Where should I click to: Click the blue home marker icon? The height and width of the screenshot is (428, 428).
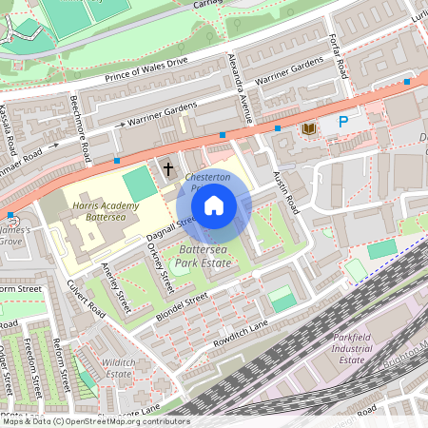point(214,204)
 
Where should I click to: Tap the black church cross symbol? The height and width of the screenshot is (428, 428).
point(168,169)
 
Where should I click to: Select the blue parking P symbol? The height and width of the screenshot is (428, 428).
point(343,122)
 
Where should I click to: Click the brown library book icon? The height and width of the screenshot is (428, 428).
point(307,127)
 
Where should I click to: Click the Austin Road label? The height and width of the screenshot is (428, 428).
point(287,185)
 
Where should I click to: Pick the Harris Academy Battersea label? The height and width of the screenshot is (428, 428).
point(101,206)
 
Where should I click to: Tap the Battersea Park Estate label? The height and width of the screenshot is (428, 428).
point(207,256)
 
